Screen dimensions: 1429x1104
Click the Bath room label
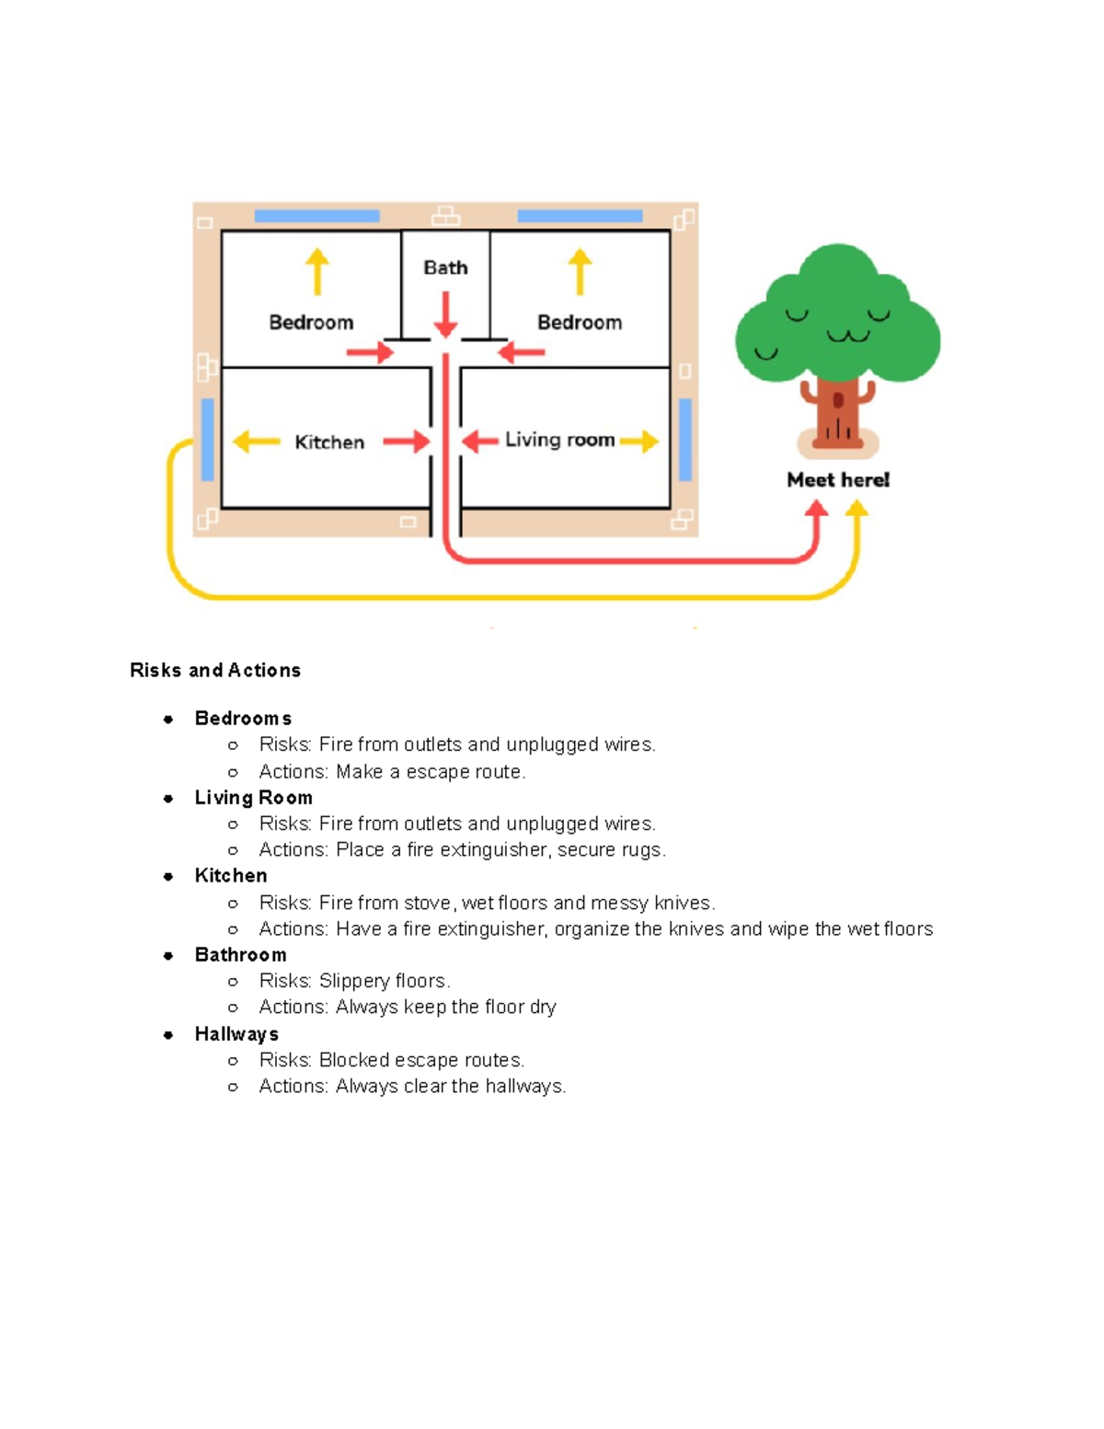click(445, 268)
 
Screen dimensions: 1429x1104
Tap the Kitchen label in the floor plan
click(329, 443)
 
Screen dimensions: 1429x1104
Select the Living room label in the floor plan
click(559, 440)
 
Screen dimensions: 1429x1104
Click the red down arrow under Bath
click(445, 315)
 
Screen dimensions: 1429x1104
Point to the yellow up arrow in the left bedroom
click(317, 271)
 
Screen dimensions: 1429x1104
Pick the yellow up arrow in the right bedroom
click(580, 271)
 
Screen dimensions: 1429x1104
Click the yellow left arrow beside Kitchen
click(256, 442)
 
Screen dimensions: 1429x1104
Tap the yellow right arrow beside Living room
click(639, 442)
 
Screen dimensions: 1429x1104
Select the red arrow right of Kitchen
click(406, 442)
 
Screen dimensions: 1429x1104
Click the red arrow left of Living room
click(479, 442)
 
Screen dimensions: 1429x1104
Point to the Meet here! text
click(838, 479)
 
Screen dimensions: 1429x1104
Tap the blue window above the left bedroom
click(316, 216)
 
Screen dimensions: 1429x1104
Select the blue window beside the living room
click(685, 439)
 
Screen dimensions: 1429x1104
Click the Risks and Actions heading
click(215, 670)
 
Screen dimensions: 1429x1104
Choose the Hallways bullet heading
click(236, 1034)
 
